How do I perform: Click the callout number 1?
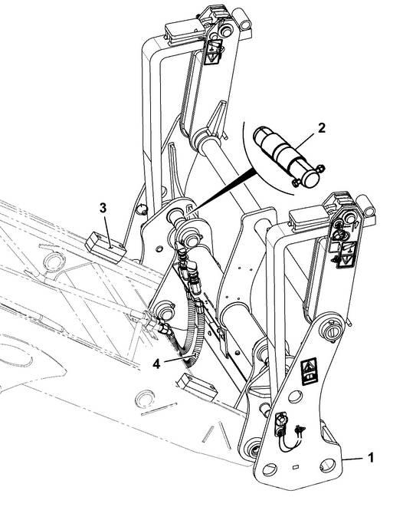[x=372, y=458]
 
